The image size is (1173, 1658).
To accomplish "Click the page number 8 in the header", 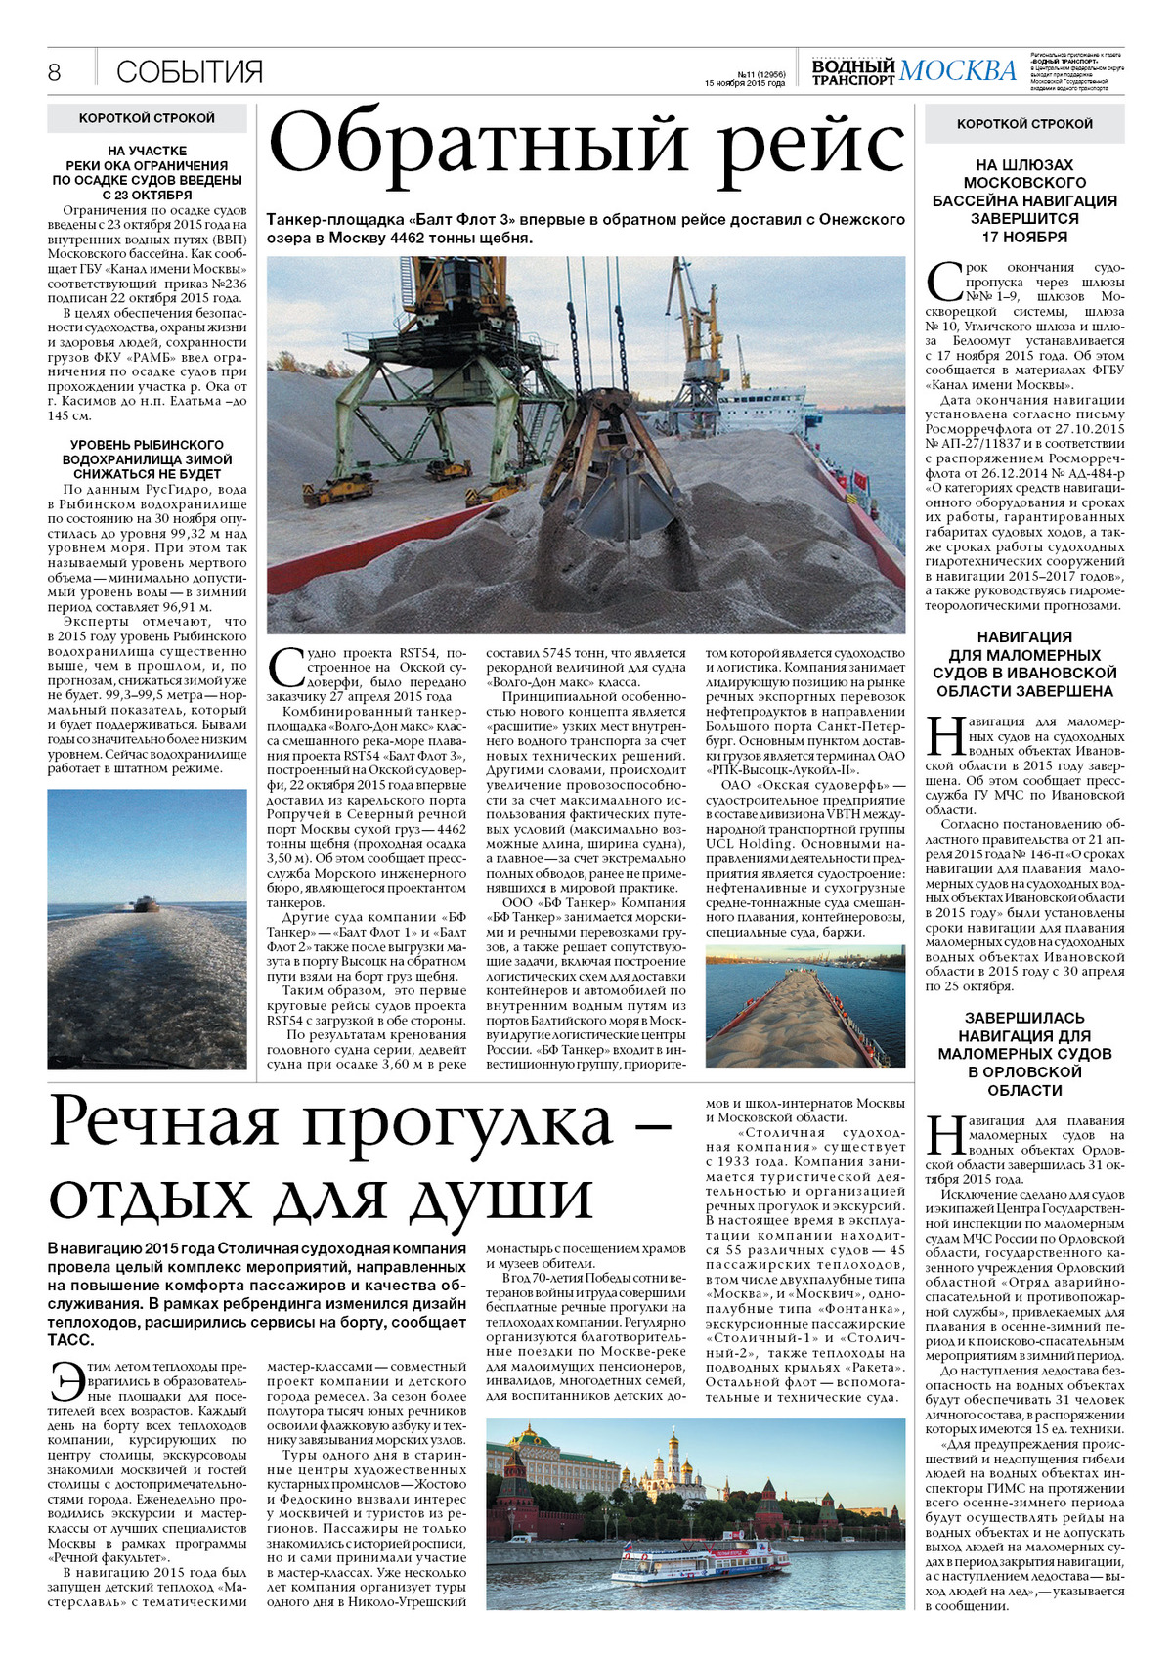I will (x=55, y=72).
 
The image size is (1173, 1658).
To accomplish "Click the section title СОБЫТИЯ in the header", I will (x=190, y=72).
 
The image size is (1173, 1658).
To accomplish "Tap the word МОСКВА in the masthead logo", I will (x=957, y=70).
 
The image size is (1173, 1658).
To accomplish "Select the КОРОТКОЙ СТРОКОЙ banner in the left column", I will (x=147, y=118).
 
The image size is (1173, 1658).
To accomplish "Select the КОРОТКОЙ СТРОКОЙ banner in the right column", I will (x=1024, y=124).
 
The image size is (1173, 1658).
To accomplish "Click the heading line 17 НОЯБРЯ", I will (x=1024, y=237).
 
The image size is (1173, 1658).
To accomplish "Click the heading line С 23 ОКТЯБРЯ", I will (x=147, y=196).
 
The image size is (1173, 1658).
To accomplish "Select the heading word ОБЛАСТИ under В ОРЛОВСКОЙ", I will (x=1024, y=1090).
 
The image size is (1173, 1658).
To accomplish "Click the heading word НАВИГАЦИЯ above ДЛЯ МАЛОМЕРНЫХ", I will (x=1024, y=637).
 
